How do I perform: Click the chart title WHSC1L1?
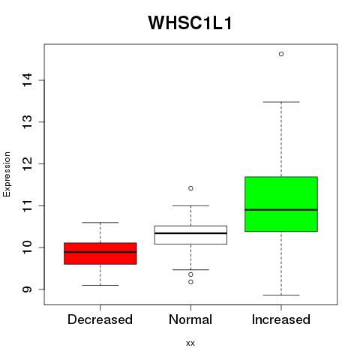pos(190,22)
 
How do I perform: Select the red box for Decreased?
pos(100,253)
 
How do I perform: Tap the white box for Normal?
pos(190,235)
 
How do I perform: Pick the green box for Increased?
pos(281,204)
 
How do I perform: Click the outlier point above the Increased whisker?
pos(281,54)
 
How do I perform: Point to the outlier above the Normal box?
pos(190,188)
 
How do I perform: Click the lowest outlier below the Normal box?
pos(190,282)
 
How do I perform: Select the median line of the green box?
pos(281,210)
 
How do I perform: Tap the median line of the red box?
pos(100,252)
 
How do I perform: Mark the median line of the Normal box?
pos(190,233)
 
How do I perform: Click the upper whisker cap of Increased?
pos(281,102)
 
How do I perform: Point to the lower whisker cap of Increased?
pos(281,295)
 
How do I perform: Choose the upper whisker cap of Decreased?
pos(100,222)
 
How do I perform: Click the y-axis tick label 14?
pos(28,80)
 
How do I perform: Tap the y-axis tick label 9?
pos(28,289)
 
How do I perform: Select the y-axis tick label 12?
pos(28,163)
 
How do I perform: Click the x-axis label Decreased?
pos(100,319)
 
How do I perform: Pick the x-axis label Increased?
pos(281,319)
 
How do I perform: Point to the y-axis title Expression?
pos(7,174)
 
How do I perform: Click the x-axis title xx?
pos(190,343)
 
